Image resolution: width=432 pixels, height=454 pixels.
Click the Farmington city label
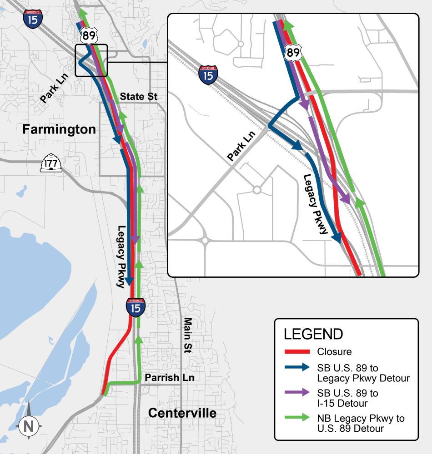click(59, 129)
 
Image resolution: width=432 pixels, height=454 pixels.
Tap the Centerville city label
click(182, 413)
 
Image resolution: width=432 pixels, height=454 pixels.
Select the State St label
click(139, 97)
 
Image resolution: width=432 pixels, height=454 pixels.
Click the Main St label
click(187, 335)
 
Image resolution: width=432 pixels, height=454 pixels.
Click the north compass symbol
click(29, 425)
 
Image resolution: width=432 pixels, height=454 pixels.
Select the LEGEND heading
click(313, 334)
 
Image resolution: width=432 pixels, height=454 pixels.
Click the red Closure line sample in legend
click(297, 351)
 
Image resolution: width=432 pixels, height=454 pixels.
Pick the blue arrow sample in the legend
click(297, 368)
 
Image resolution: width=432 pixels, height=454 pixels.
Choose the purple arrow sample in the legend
click(297, 393)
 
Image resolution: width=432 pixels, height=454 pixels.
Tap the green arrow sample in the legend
click(297, 418)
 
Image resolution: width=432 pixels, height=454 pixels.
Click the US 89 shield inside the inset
click(293, 53)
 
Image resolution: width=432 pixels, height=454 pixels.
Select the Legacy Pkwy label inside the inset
click(316, 204)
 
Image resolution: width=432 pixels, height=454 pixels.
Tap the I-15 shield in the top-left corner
click(33, 19)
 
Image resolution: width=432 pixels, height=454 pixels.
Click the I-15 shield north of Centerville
click(136, 307)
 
